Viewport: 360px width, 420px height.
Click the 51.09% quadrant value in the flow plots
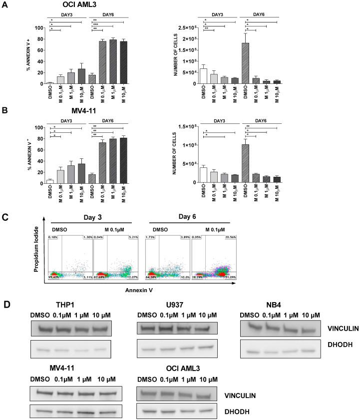point(230,276)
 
